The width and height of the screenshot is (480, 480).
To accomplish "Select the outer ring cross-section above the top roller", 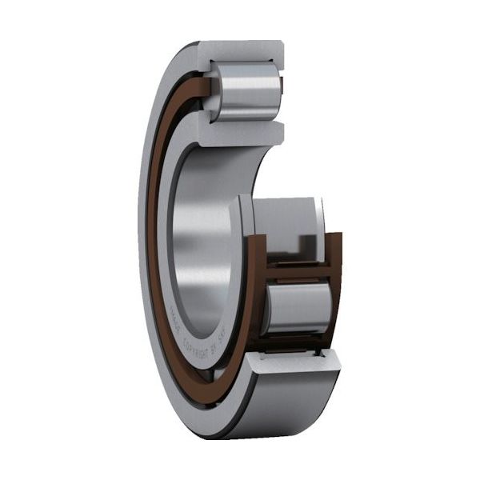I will click(x=240, y=50).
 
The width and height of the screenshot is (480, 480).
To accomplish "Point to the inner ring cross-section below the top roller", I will click(x=240, y=134).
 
